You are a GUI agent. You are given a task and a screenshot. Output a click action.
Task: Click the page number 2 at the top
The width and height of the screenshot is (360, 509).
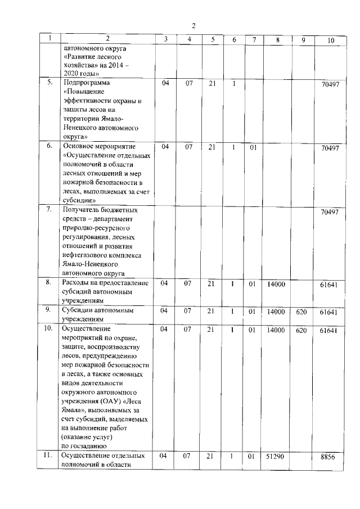[x=193, y=25]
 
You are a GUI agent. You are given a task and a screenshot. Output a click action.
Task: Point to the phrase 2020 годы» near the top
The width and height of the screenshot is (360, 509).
[x=83, y=74]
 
